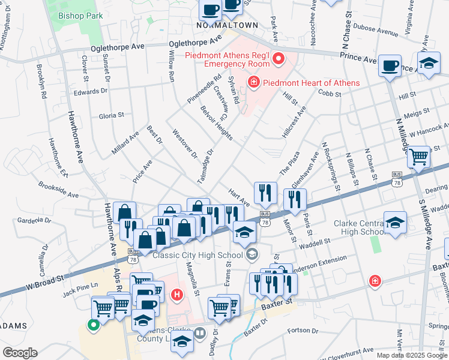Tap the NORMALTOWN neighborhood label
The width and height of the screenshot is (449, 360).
click(x=228, y=25)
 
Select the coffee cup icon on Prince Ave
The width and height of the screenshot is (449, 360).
click(x=390, y=65)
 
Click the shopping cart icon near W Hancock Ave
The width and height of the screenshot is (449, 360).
click(x=418, y=157)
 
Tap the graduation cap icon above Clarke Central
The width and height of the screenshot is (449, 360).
click(x=395, y=222)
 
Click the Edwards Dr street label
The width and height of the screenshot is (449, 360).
click(x=91, y=91)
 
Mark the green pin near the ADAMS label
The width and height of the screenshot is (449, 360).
click(x=93, y=326)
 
